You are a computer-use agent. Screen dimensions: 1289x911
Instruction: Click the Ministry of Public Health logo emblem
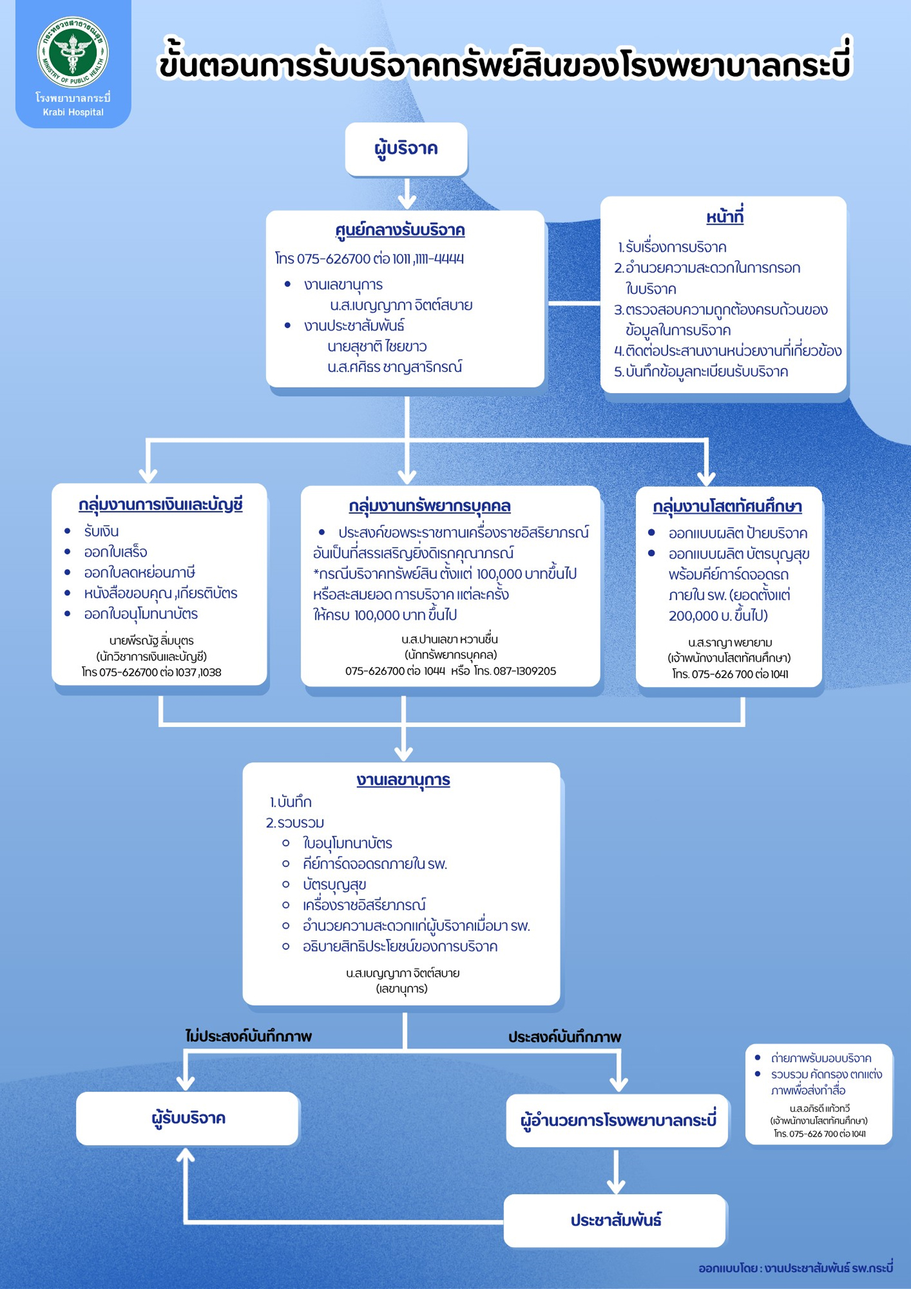(x=73, y=52)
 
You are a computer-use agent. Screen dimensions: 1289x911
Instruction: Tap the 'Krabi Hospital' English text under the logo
(x=73, y=112)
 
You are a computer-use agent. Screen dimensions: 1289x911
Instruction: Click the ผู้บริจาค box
(x=406, y=149)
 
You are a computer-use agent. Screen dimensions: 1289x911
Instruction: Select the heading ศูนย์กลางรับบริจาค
(x=400, y=231)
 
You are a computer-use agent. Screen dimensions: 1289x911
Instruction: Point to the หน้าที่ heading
(x=725, y=217)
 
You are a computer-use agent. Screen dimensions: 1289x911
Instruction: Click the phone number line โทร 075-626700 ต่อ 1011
(x=369, y=259)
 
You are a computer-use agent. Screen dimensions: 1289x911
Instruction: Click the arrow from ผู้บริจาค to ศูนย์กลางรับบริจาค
(x=407, y=194)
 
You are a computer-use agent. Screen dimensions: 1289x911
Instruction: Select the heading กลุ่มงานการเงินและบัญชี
(x=160, y=505)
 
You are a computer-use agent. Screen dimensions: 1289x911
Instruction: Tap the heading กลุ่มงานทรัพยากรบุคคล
(x=429, y=506)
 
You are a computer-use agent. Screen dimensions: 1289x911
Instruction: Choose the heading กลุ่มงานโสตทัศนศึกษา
(x=727, y=507)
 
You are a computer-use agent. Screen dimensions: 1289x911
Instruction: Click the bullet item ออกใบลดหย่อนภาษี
(x=139, y=572)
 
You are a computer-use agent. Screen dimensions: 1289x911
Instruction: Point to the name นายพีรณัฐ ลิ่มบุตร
(x=151, y=640)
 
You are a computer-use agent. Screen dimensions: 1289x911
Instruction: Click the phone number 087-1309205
(x=524, y=671)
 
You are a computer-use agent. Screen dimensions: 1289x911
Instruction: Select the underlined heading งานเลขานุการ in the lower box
(x=403, y=780)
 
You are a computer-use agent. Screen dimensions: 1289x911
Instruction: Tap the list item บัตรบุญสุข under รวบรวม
(x=334, y=884)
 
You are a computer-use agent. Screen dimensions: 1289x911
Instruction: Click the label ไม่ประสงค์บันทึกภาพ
(x=248, y=1036)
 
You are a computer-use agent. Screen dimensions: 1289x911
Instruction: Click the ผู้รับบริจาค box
(x=187, y=1118)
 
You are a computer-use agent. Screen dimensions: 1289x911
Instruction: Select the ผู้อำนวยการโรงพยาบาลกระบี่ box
(x=618, y=1120)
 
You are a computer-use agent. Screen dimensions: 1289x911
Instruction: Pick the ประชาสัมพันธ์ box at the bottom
(x=615, y=1220)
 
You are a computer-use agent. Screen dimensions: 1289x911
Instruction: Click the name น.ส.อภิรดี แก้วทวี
(x=819, y=1109)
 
